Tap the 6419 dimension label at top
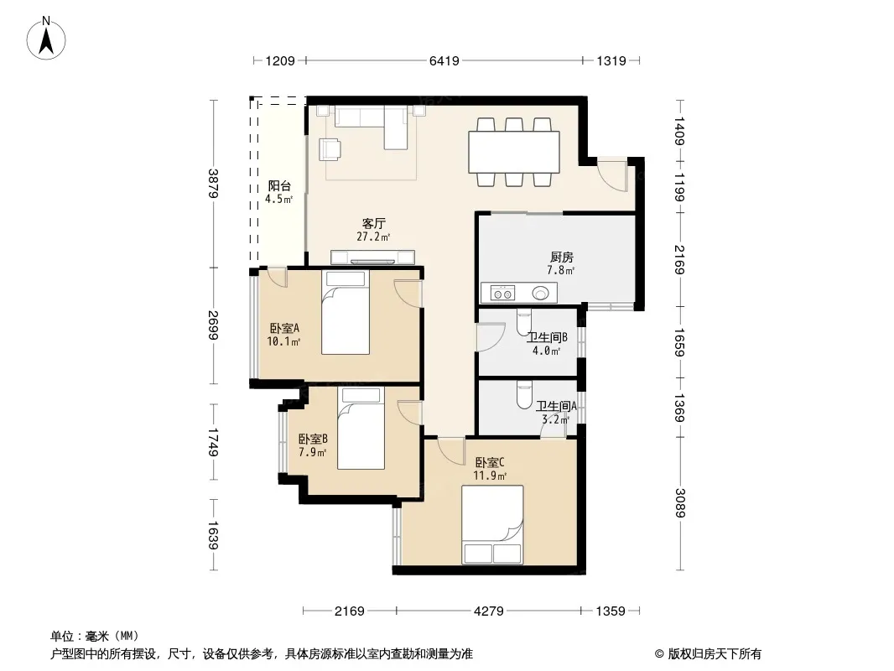pos(444,60)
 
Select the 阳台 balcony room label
pos(279,186)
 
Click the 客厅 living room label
pos(373,223)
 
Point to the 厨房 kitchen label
pos(562,257)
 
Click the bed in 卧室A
pos(346,312)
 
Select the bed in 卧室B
pos(361,428)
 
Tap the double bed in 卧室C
pos(492,524)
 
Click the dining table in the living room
pos(514,152)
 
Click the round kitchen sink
pos(540,294)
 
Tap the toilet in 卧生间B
pos(524,322)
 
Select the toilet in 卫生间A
pos(524,395)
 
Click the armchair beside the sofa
pos(330,149)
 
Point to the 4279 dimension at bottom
pos(489,611)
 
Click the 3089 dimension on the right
pos(679,502)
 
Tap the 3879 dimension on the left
pos(213,183)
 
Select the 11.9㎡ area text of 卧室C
pos(490,476)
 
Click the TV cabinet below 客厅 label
pos(372,257)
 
